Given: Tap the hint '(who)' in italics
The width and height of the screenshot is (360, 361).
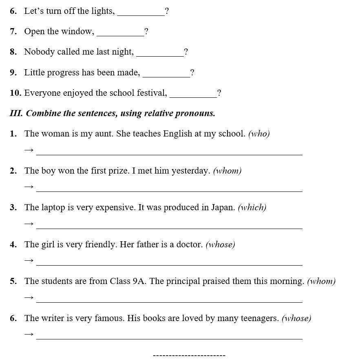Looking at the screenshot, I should pyautogui.click(x=259, y=134).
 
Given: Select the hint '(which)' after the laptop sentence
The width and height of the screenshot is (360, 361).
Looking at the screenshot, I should pyautogui.click(x=252, y=207).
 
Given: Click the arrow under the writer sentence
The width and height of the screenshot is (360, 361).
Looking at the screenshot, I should pyautogui.click(x=29, y=335).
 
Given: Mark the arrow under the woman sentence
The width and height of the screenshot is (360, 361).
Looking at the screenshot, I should pyautogui.click(x=29, y=150).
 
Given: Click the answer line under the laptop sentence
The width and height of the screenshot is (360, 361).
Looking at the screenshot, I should pyautogui.click(x=169, y=228).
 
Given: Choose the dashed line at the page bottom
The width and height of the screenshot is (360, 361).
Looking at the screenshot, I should pyautogui.click(x=189, y=356).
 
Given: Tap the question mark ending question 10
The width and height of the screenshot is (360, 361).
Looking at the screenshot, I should pyautogui.click(x=219, y=93).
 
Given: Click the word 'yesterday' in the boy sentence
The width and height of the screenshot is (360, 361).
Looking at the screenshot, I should pyautogui.click(x=190, y=171).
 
